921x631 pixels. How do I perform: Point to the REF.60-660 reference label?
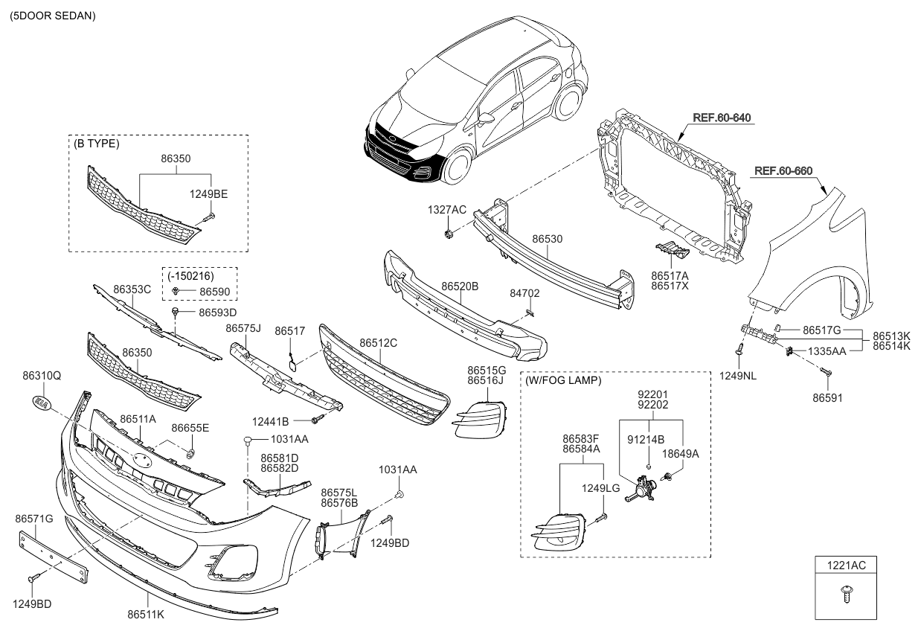782,170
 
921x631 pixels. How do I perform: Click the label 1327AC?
446,210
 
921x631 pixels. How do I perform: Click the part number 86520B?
459,286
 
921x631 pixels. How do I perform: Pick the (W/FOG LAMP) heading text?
563,380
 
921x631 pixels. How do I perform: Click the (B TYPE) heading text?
96,144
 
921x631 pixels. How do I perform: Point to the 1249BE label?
210,194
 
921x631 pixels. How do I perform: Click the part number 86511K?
146,616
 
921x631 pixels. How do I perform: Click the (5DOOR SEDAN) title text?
53,15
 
